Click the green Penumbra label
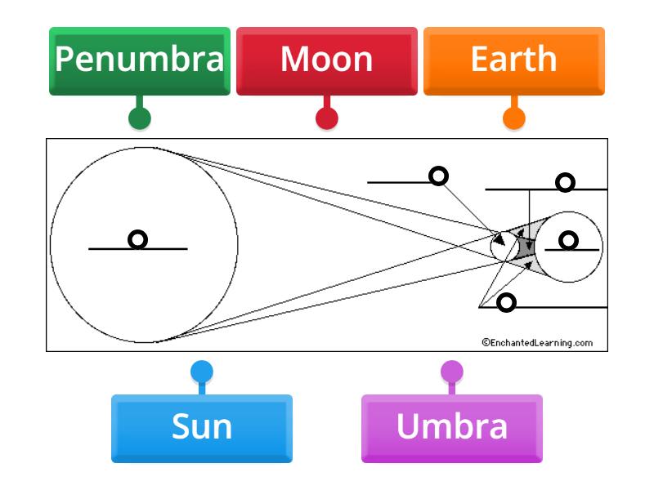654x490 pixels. (x=139, y=60)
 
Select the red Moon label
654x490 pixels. (x=326, y=60)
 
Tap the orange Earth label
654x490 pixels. (x=513, y=60)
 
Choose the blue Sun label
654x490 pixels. (x=201, y=427)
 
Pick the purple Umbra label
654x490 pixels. (x=451, y=427)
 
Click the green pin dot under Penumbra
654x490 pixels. (x=140, y=118)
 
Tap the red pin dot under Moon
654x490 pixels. (x=327, y=118)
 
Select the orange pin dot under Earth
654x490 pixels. (x=513, y=118)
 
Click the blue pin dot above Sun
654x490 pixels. (x=201, y=372)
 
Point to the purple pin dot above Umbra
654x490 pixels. (x=452, y=372)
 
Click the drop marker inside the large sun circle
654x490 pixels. (x=138, y=239)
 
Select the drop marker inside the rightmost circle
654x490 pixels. (x=568, y=240)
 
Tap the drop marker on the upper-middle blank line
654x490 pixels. (x=439, y=176)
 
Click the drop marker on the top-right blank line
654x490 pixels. (x=565, y=182)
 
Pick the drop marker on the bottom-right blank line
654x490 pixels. (x=507, y=303)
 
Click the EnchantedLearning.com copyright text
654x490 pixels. (x=537, y=343)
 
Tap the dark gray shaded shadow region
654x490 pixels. (x=524, y=245)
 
